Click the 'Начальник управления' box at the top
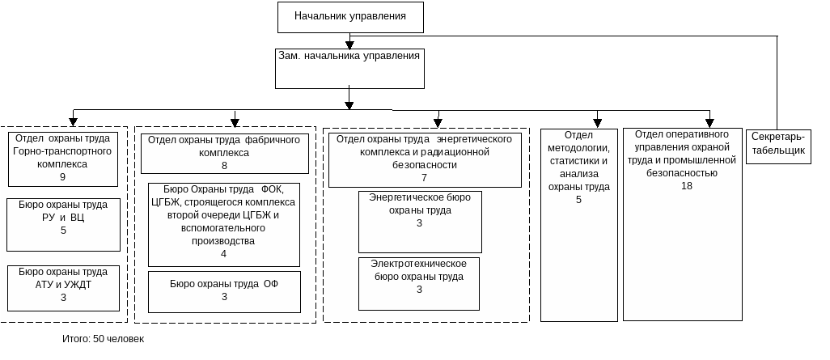(350, 17)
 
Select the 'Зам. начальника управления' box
(349, 69)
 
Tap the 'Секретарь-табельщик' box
(778, 146)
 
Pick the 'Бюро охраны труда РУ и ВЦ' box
(63, 218)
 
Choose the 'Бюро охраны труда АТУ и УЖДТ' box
(63, 286)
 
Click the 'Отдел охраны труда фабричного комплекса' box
(225, 152)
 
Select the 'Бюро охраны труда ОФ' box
(224, 291)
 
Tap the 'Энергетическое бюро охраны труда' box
(420, 221)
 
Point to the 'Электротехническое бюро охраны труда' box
(419, 283)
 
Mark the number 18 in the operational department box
(687, 186)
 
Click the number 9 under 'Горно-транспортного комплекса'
(62, 177)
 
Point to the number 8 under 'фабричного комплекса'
(224, 166)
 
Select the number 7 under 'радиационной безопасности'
(423, 178)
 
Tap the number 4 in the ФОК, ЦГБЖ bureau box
(223, 254)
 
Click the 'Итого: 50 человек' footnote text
(104, 339)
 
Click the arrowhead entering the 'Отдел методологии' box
(597, 123)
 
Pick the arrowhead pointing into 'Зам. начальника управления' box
(349, 45)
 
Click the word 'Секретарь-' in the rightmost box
(778, 136)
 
